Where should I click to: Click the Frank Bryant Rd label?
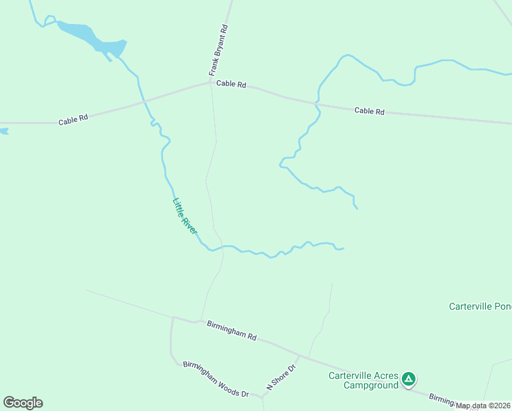[218, 51]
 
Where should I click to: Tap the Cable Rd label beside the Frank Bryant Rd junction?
[231, 84]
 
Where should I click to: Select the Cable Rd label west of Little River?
[73, 120]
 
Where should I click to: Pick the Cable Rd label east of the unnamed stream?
[370, 111]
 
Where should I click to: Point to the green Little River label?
[184, 216]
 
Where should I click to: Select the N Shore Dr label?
[280, 377]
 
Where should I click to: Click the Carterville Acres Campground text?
[363, 380]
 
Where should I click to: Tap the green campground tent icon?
[409, 378]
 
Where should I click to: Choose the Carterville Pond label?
[480, 306]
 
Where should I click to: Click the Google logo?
[23, 402]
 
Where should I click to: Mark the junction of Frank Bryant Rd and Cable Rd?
[210, 83]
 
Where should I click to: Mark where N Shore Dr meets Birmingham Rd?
[300, 356]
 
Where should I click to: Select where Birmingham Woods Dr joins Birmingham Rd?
[172, 318]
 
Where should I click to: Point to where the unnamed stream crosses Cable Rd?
[316, 104]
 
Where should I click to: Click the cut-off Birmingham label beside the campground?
[441, 399]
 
